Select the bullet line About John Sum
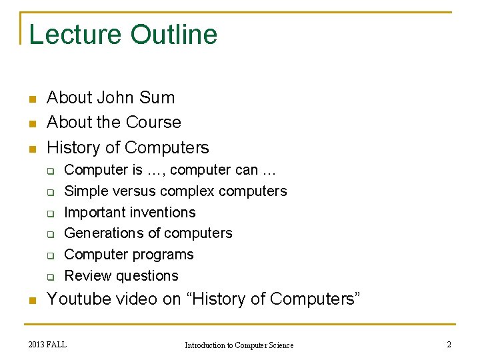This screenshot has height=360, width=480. pyautogui.click(x=111, y=97)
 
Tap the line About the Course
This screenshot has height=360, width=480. pyautogui.click(x=114, y=123)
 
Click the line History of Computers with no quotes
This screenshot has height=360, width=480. pyautogui.click(x=128, y=147)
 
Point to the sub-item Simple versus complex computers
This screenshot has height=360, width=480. pyautogui.click(x=175, y=191)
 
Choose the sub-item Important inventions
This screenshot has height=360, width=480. pyautogui.click(x=130, y=213)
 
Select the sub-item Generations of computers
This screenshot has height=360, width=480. pyautogui.click(x=148, y=233)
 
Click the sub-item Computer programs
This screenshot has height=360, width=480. pyautogui.click(x=129, y=255)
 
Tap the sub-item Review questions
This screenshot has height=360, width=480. pyautogui.click(x=121, y=276)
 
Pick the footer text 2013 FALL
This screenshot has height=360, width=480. pyautogui.click(x=47, y=344)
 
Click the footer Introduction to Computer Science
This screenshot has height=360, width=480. pyautogui.click(x=239, y=345)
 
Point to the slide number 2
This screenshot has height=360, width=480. pyautogui.click(x=448, y=344)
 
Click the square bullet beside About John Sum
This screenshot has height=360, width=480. pyautogui.click(x=31, y=99)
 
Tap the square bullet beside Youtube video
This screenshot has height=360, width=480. pyautogui.click(x=31, y=301)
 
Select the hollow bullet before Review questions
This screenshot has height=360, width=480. pyautogui.click(x=50, y=277)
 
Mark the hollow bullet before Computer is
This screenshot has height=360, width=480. pyautogui.click(x=50, y=171)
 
